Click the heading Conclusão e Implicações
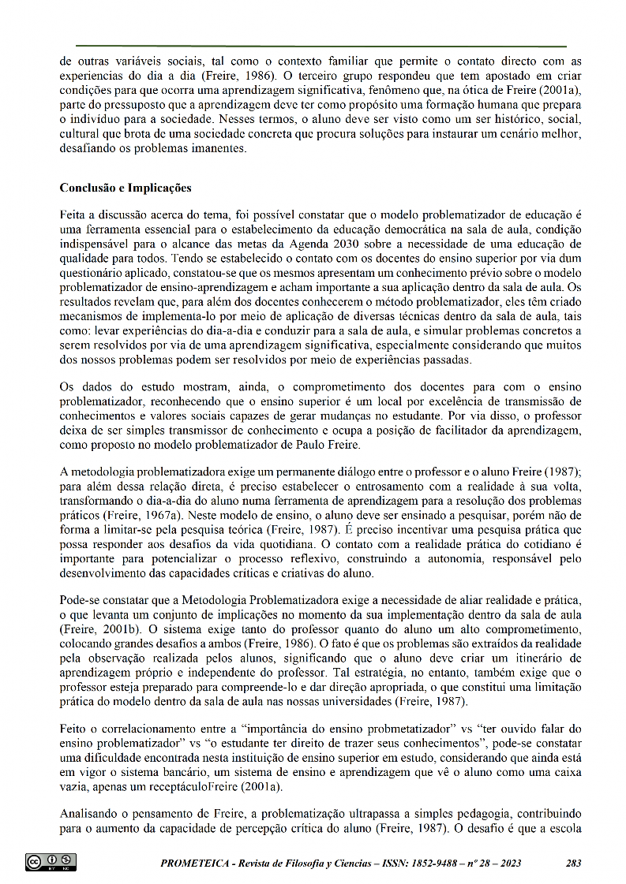126,188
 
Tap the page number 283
574,863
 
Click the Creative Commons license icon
51,862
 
